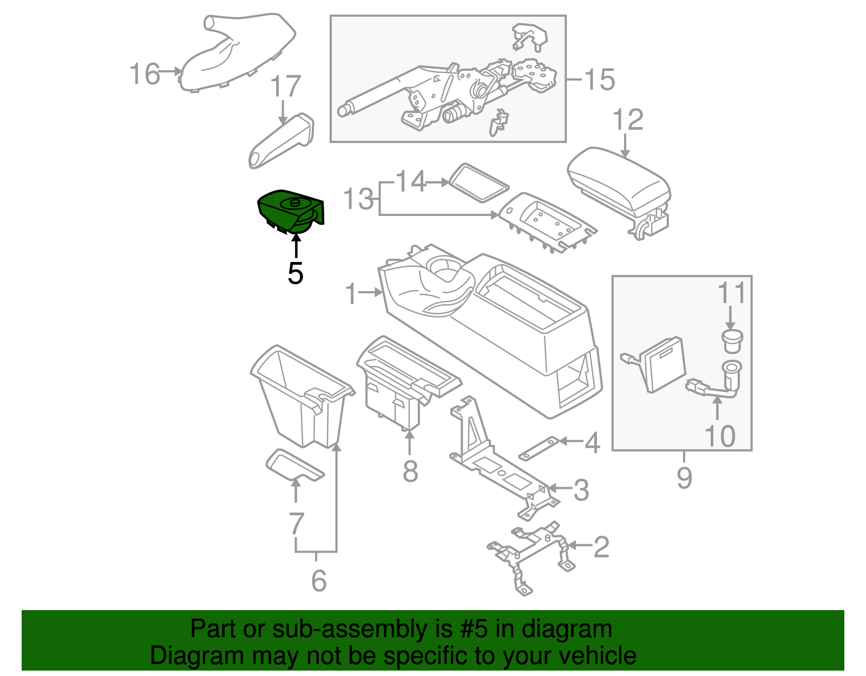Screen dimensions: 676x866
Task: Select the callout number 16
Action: coord(145,74)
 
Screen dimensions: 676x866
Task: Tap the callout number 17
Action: coord(285,86)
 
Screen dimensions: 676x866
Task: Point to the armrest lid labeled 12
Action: coord(619,181)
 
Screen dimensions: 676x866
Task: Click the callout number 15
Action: coord(600,80)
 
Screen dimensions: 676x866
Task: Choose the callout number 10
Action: coord(720,436)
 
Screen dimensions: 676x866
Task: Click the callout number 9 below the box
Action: coord(684,477)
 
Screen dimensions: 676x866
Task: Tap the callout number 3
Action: coord(581,490)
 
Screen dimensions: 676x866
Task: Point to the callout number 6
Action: coord(319,581)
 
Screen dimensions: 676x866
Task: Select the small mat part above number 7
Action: coord(294,465)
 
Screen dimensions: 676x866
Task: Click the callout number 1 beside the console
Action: coord(351,293)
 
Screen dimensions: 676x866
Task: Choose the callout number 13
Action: coord(358,199)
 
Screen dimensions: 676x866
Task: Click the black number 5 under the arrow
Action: coord(295,273)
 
